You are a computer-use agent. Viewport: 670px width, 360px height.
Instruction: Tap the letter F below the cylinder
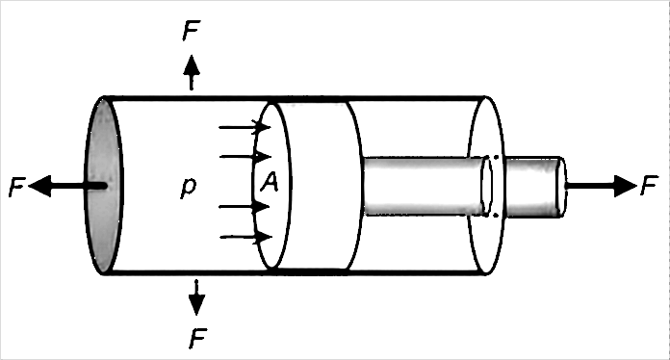196,337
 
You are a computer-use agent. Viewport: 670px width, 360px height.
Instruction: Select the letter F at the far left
15,188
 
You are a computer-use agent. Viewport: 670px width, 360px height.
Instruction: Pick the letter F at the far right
650,186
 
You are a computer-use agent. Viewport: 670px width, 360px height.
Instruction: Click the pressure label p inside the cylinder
189,186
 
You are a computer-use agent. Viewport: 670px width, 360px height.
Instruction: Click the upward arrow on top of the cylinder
192,71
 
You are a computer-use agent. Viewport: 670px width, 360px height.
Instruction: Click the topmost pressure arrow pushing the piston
245,126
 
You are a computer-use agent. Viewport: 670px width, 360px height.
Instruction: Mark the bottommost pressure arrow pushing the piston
245,236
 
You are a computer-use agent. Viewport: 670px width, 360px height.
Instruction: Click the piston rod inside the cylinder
419,186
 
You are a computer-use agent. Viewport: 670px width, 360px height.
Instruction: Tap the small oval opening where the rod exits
487,186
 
